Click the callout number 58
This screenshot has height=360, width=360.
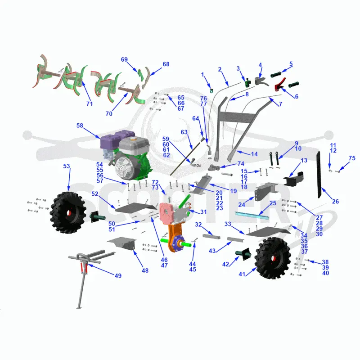[x=80, y=126]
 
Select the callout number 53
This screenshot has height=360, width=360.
[x=67, y=166]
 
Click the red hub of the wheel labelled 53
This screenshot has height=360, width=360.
[x=69, y=213]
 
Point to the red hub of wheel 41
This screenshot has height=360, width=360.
[x=273, y=259]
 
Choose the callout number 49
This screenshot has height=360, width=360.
[x=118, y=276]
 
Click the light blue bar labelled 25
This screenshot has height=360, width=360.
[x=252, y=216]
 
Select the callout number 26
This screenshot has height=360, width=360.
[x=335, y=202]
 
